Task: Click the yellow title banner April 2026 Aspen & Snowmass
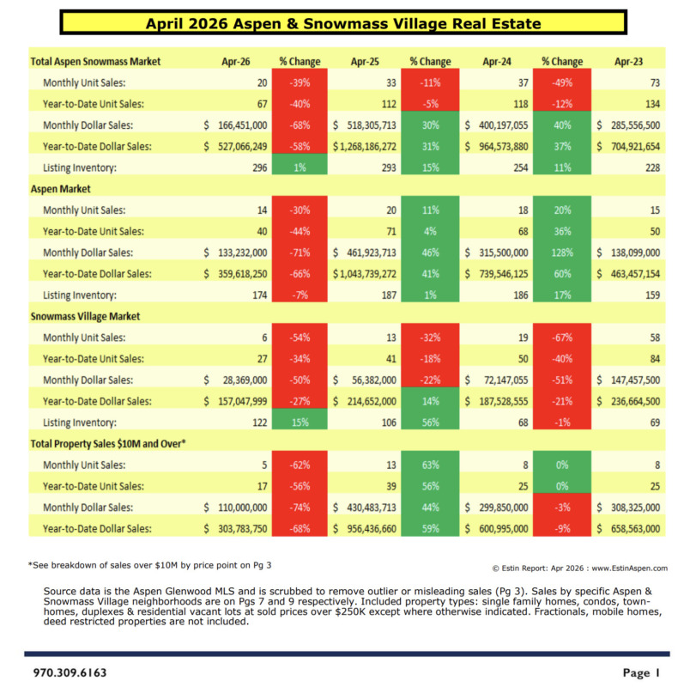(x=343, y=22)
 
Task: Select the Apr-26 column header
(x=236, y=61)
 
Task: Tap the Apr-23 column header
(x=628, y=61)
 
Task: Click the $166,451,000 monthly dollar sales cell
(x=236, y=125)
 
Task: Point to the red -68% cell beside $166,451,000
(x=300, y=125)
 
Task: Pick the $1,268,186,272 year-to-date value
(x=365, y=147)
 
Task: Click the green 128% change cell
(x=562, y=252)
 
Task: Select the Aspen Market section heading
(x=60, y=189)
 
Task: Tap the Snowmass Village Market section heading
(x=85, y=316)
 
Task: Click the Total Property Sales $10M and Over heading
(x=108, y=444)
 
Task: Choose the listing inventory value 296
(x=260, y=167)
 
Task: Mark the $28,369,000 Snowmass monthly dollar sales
(x=236, y=380)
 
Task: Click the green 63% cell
(x=430, y=465)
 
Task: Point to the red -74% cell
(x=300, y=508)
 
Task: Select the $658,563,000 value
(x=628, y=529)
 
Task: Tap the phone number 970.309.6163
(x=70, y=672)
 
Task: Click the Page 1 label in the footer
(x=641, y=672)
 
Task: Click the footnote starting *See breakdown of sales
(x=149, y=565)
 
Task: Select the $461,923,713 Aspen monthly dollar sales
(x=365, y=252)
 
